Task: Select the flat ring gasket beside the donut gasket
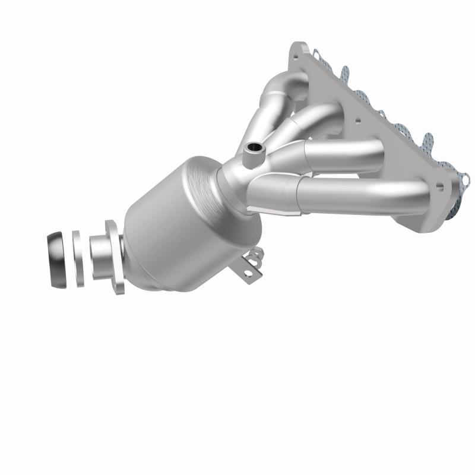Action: point(78,259)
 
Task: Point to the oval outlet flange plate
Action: point(116,256)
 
